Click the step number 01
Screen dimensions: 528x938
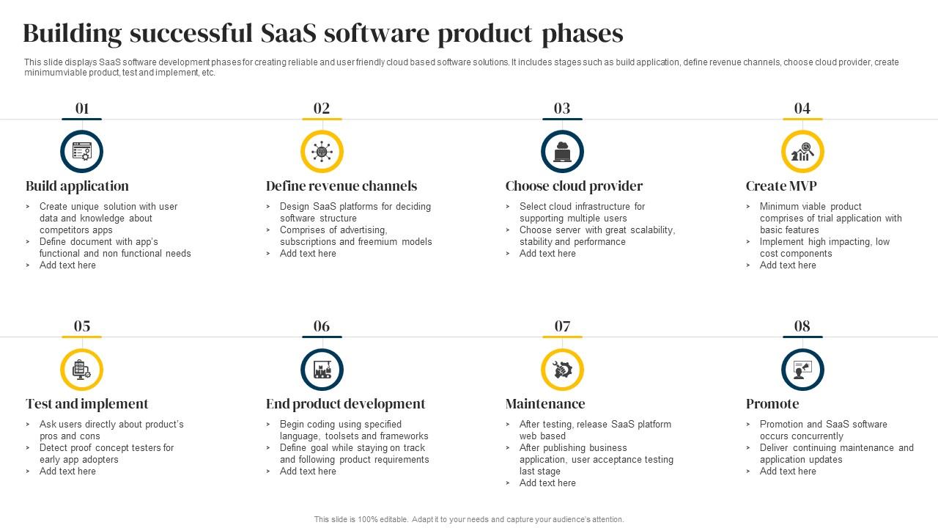point(81,109)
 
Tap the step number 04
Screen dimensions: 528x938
point(802,109)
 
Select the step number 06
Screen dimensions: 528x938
point(322,326)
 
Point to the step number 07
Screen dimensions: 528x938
point(562,326)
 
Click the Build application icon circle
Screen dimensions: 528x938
point(81,152)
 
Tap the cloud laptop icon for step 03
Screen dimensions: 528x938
point(562,152)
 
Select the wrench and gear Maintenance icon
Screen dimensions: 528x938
point(562,370)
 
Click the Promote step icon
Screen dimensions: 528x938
point(802,370)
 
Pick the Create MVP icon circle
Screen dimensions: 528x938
point(802,152)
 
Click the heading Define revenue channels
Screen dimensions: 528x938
point(341,186)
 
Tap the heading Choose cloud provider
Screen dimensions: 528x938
point(574,186)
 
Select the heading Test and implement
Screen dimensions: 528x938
point(86,404)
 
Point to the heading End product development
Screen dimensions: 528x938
point(345,404)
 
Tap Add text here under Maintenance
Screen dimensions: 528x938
point(547,483)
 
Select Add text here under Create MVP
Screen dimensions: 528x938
point(788,265)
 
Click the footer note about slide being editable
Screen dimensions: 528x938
point(469,519)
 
